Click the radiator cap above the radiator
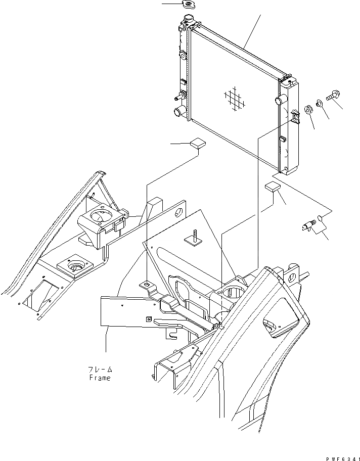pyautogui.click(x=190, y=5)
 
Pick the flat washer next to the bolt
pyautogui.click(x=320, y=104)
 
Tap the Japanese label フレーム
pyautogui.click(x=100, y=370)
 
